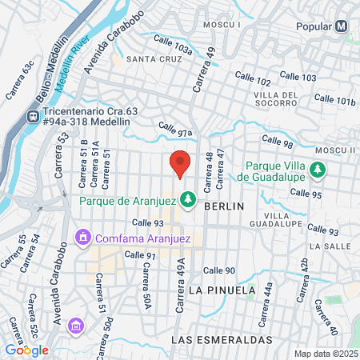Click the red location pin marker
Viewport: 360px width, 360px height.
(x=181, y=163)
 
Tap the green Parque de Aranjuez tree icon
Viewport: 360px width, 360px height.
(x=189, y=198)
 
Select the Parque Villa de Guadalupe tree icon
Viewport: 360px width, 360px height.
(x=318, y=170)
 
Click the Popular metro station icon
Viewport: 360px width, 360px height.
(x=342, y=26)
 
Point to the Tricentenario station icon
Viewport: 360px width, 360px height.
(x=34, y=116)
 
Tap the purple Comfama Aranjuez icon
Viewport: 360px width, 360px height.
(x=82, y=238)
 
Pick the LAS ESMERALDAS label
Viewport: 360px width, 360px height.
(x=222, y=340)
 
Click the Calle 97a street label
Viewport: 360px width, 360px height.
(x=176, y=129)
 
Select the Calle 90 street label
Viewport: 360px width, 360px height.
(x=219, y=270)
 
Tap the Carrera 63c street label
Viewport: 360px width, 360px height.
(x=21, y=80)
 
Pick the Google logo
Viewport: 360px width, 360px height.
(x=26, y=350)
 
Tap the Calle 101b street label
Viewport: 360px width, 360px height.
(x=334, y=100)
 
